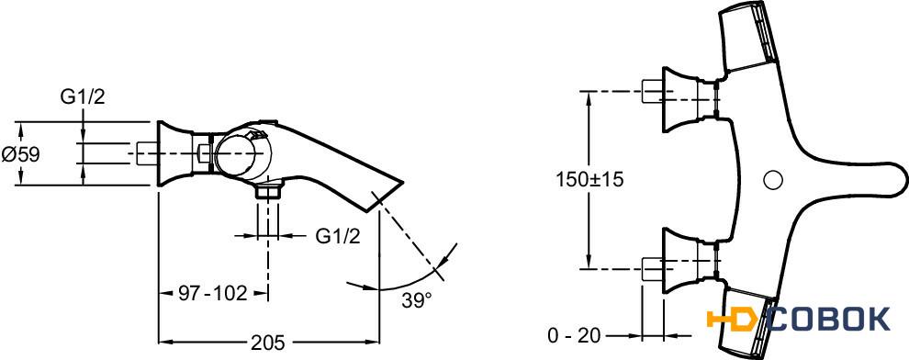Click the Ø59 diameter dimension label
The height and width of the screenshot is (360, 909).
[x=21, y=154]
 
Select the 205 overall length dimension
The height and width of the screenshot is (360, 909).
[x=268, y=343]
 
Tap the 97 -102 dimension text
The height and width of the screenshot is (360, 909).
[x=213, y=293]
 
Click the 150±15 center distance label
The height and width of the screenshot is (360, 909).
[x=590, y=180]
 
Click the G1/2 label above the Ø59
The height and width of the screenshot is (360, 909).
[x=83, y=97]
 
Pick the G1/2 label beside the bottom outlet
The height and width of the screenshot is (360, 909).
[x=339, y=237]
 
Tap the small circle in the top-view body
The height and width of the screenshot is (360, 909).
[x=772, y=180]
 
